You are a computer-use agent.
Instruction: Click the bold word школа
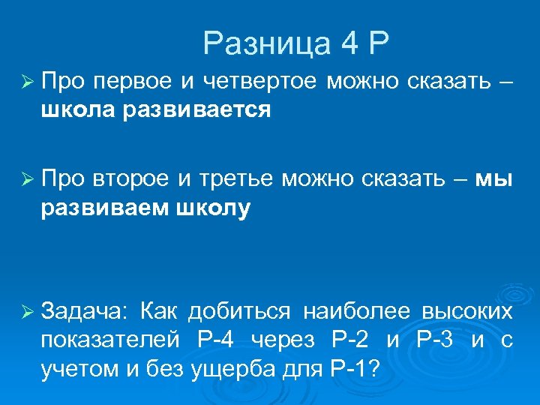[x=79, y=110]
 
